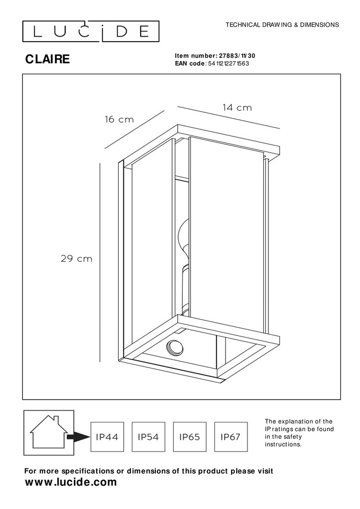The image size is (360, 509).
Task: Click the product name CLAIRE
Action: point(48,59)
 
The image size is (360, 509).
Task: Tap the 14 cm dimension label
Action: point(237,108)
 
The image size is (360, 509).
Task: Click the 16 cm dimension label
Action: point(119,120)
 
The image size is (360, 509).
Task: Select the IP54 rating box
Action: point(147,437)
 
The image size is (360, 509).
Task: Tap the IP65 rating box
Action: point(189,437)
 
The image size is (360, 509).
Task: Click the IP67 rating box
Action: point(231,437)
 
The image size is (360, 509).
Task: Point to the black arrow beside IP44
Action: point(78,437)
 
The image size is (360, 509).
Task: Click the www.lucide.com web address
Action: point(71,482)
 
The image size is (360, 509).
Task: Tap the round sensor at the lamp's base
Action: point(174,349)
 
